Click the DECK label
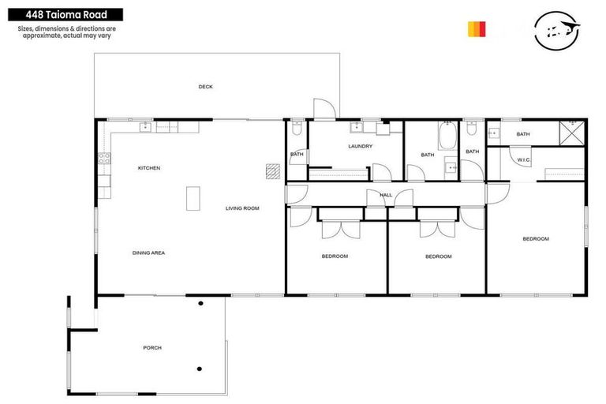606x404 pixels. point(205,87)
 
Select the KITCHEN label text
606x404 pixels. point(149,168)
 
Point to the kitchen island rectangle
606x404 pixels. point(193,198)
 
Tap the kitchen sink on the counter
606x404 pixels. point(146,126)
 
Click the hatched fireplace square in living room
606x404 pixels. point(273,171)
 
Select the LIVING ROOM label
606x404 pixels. point(242,208)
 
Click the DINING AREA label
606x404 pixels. point(148,252)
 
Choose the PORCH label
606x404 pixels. point(151,347)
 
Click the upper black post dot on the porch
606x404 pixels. point(200,304)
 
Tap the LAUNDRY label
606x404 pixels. point(360,146)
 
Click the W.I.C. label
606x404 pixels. point(523,160)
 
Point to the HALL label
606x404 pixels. point(385,194)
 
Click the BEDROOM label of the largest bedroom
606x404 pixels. point(536,238)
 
